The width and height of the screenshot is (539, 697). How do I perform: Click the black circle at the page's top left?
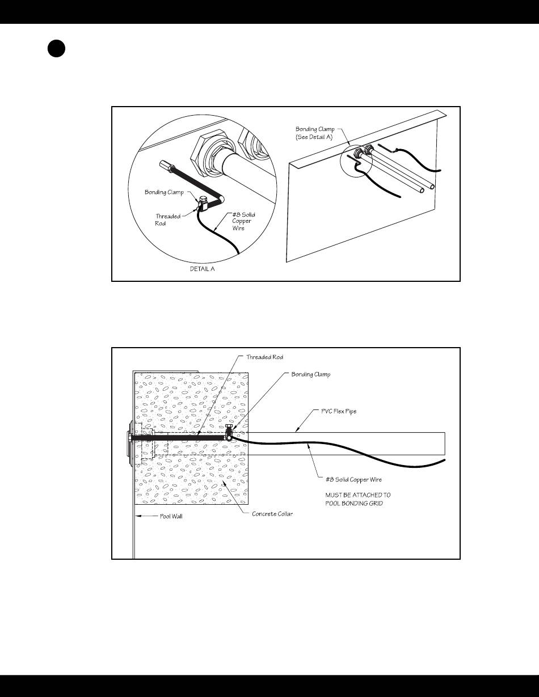click(x=56, y=49)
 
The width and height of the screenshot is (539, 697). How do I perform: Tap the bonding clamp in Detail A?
click(x=202, y=202)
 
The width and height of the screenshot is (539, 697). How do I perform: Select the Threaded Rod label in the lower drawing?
click(x=264, y=357)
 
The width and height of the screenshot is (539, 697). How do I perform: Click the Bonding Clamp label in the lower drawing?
click(x=311, y=375)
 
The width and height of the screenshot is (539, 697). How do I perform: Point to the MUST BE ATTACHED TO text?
click(x=357, y=495)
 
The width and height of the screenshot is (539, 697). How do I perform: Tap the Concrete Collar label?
click(x=272, y=514)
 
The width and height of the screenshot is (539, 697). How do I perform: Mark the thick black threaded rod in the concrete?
click(x=182, y=438)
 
